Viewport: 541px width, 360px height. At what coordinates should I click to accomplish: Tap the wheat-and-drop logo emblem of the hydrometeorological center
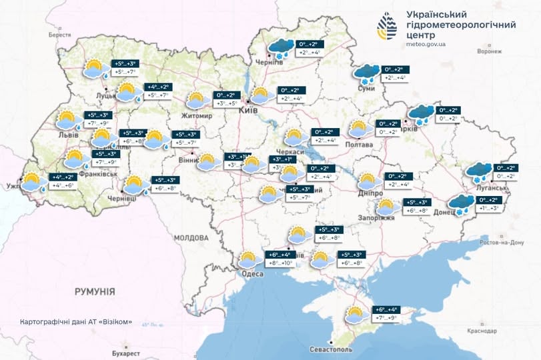click(x=387, y=27)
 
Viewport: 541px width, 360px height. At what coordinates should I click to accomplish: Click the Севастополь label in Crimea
click(x=331, y=350)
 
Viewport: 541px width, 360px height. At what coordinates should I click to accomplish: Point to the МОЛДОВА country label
click(x=192, y=237)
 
